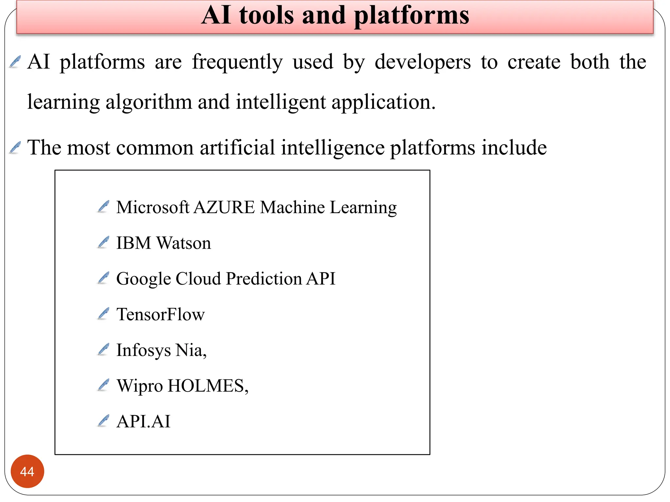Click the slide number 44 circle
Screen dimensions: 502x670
27,471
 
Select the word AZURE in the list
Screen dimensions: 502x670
224,207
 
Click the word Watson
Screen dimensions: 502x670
184,243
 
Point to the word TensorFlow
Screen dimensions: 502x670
160,314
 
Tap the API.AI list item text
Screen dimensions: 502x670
143,421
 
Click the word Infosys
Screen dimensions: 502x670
143,350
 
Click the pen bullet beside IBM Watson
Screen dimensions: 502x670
103,243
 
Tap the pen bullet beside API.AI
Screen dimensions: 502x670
103,421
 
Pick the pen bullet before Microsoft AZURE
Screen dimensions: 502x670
103,207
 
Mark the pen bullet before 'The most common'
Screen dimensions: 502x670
15,147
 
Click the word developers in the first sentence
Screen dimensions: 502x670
423,62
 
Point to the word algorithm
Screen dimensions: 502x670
149,102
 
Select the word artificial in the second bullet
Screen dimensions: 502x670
237,147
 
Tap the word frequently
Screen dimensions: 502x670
237,62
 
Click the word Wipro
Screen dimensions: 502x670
140,386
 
